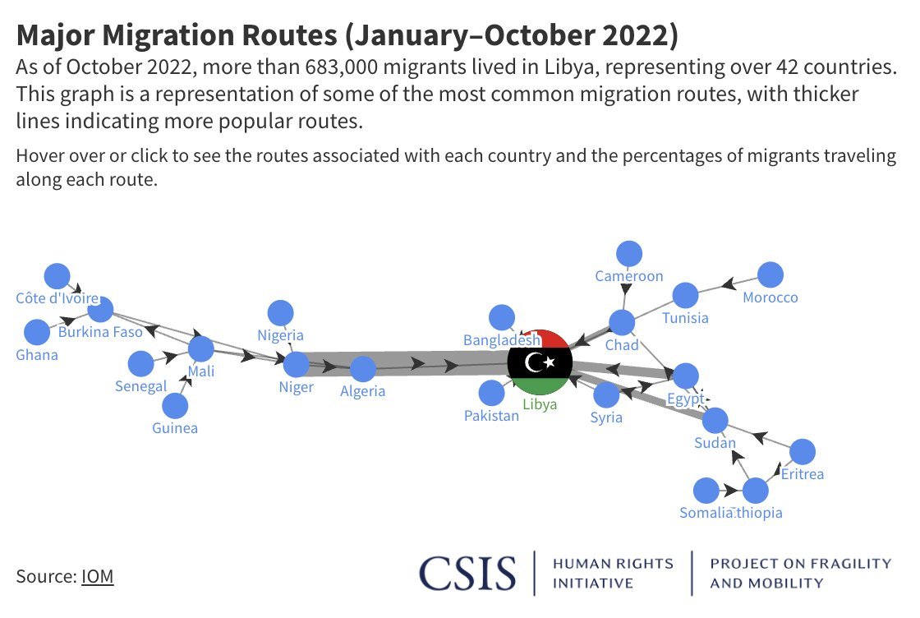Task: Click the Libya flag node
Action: (x=539, y=362)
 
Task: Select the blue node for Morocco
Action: (x=770, y=275)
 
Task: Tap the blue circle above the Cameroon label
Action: (x=629, y=255)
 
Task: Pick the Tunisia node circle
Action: (x=685, y=296)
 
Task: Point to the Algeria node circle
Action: (x=362, y=369)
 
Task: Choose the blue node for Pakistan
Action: (x=491, y=394)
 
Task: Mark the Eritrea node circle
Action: (x=802, y=452)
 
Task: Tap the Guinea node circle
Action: (x=174, y=406)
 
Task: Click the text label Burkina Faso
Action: (x=100, y=333)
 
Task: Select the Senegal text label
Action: (x=141, y=386)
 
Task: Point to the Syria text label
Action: (x=606, y=417)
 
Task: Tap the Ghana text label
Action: (x=37, y=355)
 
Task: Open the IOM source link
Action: (x=97, y=576)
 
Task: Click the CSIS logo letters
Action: (x=467, y=573)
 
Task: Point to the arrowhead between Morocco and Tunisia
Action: (x=728, y=285)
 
